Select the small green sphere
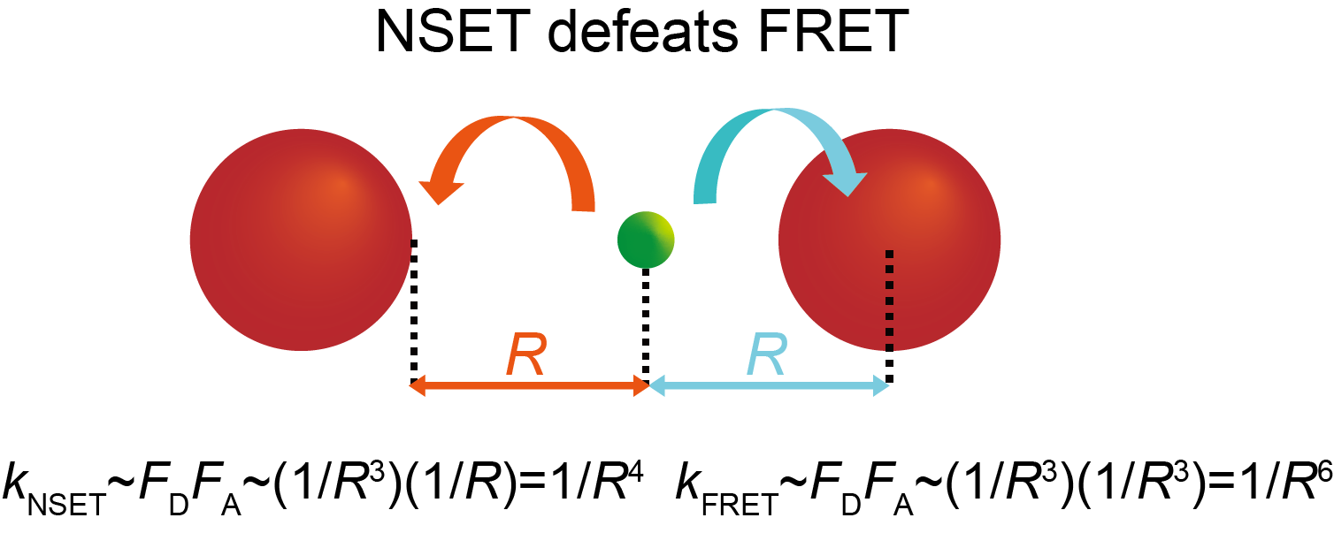(646, 239)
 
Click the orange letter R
(527, 354)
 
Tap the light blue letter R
(766, 354)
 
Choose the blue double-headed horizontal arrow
(769, 385)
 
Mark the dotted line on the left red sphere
(413, 309)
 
